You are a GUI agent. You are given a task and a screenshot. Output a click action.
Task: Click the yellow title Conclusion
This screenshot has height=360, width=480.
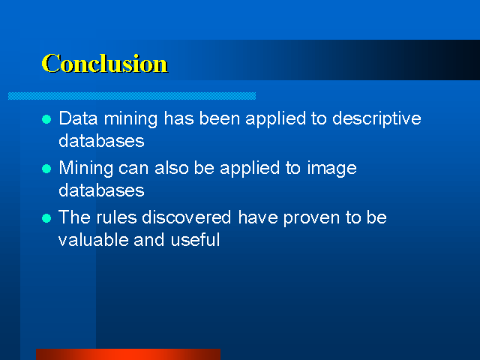pos(105,63)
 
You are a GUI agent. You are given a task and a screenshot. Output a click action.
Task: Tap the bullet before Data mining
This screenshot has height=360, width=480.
pos(46,119)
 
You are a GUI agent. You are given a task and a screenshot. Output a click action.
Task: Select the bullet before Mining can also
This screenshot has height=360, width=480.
pos(46,169)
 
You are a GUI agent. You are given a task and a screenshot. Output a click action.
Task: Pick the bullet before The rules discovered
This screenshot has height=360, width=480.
pos(46,218)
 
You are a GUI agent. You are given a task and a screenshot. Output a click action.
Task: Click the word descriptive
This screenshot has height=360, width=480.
pos(376,118)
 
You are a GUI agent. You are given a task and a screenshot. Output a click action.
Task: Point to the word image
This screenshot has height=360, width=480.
pos(331,169)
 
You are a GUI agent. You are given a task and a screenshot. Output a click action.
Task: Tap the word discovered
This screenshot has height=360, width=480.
pos(187,217)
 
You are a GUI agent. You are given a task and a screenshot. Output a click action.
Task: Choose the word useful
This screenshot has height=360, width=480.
pos(195,239)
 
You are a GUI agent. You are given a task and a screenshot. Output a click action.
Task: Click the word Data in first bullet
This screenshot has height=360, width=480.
pos(78,118)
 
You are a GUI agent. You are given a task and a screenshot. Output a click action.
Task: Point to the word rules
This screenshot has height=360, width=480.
pos(116,217)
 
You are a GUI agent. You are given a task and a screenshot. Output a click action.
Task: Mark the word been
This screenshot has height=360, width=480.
pos(220,118)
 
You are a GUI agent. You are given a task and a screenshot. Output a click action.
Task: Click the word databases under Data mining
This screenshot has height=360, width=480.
pos(101,141)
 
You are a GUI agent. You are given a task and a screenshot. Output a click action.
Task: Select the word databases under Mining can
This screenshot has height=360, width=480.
pos(101,190)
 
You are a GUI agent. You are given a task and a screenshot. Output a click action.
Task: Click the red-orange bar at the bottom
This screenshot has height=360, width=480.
pos(128,354)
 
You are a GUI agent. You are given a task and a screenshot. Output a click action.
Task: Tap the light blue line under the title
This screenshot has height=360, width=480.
pos(132,96)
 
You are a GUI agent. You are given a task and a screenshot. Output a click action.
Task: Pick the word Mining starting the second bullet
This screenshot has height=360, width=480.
pos(86,169)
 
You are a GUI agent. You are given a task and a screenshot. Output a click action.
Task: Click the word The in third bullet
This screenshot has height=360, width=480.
pos(74,217)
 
